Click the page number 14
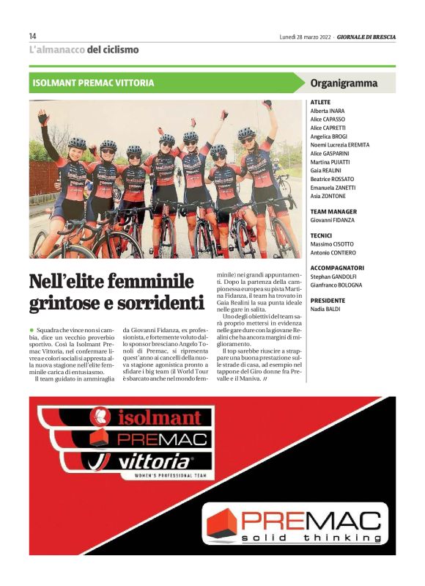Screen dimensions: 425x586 coord(33,36)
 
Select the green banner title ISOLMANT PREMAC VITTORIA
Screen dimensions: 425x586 coord(93,83)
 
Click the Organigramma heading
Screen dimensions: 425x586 coord(344,83)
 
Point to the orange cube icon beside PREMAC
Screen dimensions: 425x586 coord(222,521)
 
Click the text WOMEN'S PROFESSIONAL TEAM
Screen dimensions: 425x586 coord(162,476)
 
